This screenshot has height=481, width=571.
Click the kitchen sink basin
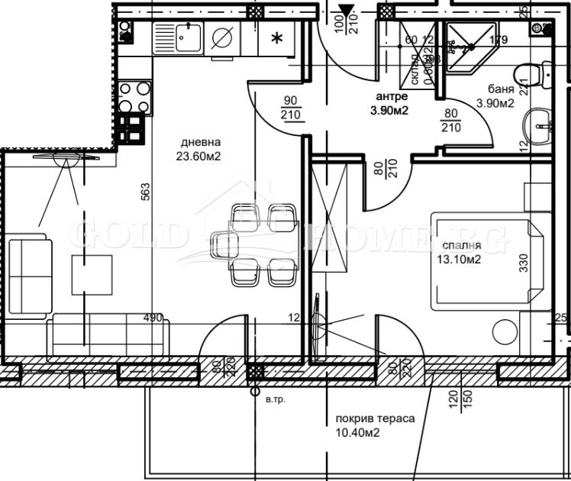click(x=185, y=36)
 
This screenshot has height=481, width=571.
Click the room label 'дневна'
click(x=201, y=142)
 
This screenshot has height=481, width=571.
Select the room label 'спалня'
click(x=461, y=246)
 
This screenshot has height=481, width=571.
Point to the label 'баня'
click(x=491, y=89)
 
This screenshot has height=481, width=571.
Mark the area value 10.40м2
click(x=357, y=433)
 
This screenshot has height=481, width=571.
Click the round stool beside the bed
click(x=504, y=331)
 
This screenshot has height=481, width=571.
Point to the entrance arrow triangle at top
click(x=347, y=11)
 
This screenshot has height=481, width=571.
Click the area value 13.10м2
click(x=458, y=260)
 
